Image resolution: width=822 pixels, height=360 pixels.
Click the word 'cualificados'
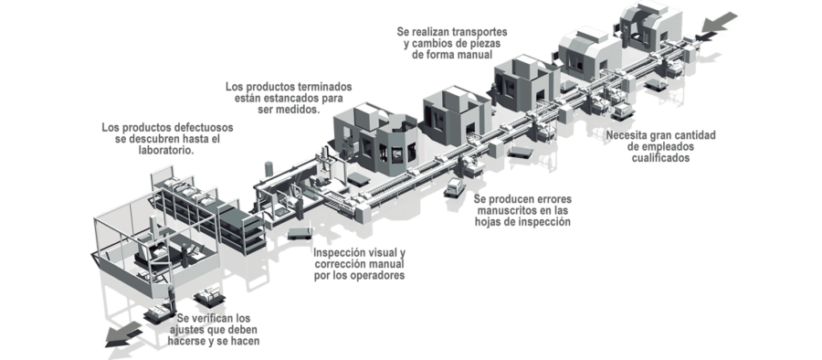pos(660,158)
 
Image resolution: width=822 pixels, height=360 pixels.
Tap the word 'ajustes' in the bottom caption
pos(187,330)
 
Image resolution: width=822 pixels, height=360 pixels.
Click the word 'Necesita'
pos(627,135)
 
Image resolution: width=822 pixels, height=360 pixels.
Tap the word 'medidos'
pos(299,110)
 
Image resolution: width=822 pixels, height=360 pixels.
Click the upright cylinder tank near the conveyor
pos(269,169)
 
